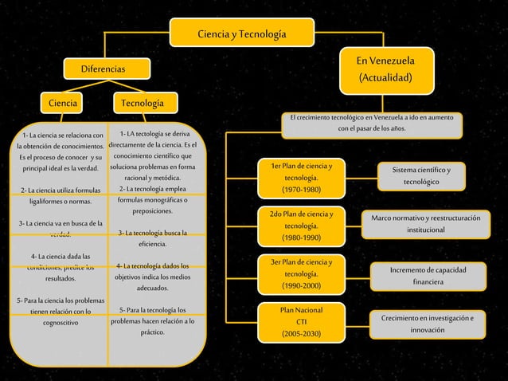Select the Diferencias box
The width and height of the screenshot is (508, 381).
click(x=101, y=70)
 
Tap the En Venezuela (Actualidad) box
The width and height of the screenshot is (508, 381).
click(x=385, y=69)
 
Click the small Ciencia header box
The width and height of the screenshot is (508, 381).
click(x=63, y=104)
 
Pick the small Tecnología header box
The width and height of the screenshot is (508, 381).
click(x=144, y=104)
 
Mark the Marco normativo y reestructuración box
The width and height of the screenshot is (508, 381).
click(x=420, y=224)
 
